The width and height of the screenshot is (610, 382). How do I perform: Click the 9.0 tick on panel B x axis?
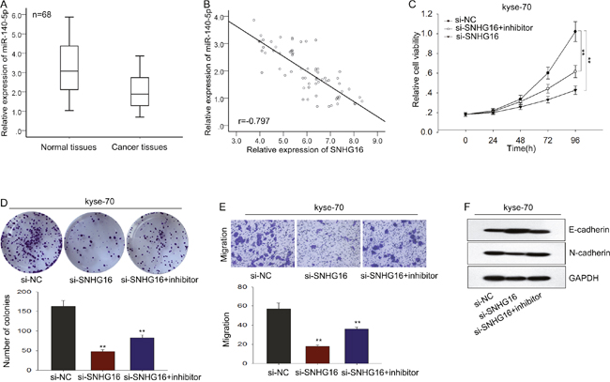click(376, 139)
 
